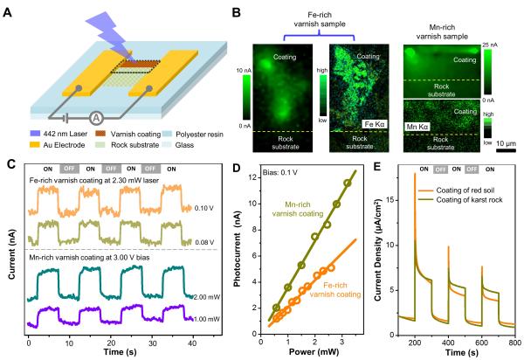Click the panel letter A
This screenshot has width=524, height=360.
pos(11,9)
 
